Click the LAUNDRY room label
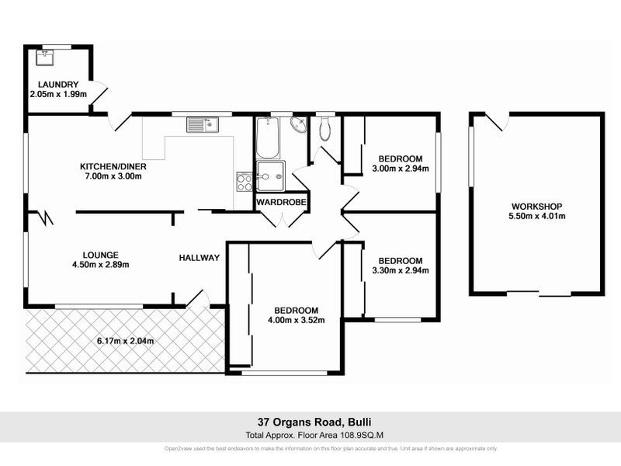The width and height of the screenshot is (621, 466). (58, 85)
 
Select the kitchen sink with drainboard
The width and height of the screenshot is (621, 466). (204, 123)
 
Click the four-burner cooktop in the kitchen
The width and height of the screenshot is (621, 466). (244, 182)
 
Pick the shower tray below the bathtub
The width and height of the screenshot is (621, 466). (271, 176)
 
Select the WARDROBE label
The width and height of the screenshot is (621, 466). (282, 203)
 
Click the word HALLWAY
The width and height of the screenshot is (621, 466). (199, 258)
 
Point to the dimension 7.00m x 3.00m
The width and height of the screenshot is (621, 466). (113, 176)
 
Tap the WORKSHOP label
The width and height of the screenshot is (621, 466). (536, 206)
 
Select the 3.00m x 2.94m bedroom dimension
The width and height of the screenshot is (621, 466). (401, 169)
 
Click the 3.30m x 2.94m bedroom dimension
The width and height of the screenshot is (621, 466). (401, 270)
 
